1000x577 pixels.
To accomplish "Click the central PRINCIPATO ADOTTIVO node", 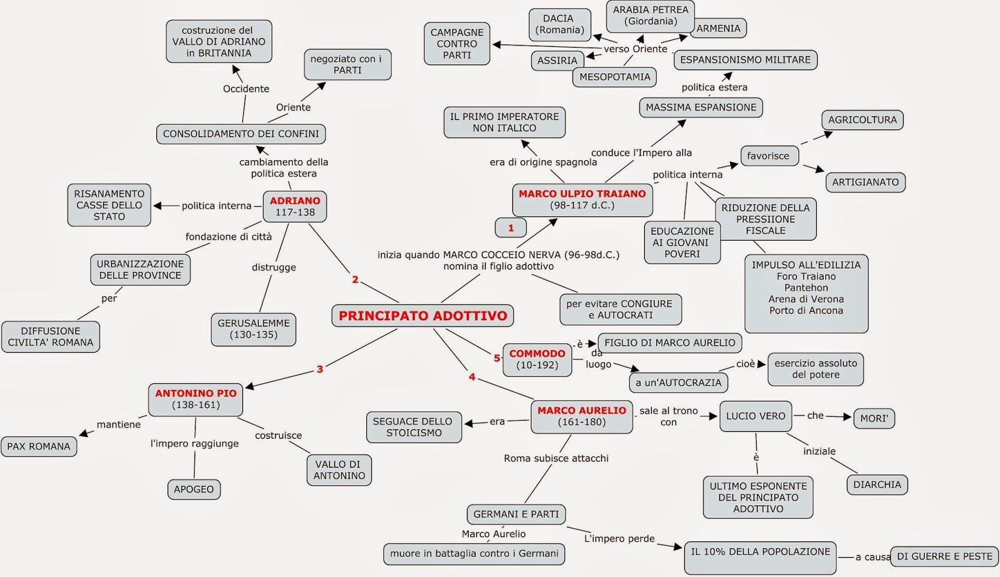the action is click(422, 315).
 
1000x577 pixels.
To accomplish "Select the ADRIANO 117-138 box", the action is click(294, 206).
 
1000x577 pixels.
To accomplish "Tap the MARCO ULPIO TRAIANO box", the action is click(582, 199).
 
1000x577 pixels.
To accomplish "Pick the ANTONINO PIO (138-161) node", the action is click(196, 399).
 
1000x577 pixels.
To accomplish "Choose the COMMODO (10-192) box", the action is click(537, 359).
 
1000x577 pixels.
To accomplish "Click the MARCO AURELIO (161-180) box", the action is click(582, 416).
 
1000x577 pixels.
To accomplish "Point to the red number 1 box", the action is click(511, 228).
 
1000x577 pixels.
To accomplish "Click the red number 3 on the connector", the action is click(319, 369).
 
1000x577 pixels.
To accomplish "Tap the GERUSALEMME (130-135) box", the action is click(254, 329).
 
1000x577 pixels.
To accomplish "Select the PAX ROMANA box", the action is click(39, 446).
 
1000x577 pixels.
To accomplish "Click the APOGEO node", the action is click(194, 489).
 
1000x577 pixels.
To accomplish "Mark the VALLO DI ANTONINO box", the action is click(339, 470).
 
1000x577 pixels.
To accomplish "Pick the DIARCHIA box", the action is click(877, 484).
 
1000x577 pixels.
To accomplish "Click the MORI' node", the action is click(874, 418).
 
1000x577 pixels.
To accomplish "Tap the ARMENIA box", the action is click(719, 28).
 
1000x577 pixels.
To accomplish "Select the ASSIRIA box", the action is click(557, 60).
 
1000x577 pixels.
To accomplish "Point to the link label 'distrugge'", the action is click(274, 267).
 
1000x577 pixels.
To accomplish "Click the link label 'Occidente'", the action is click(246, 88).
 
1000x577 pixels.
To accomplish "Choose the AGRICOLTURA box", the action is click(862, 119).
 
